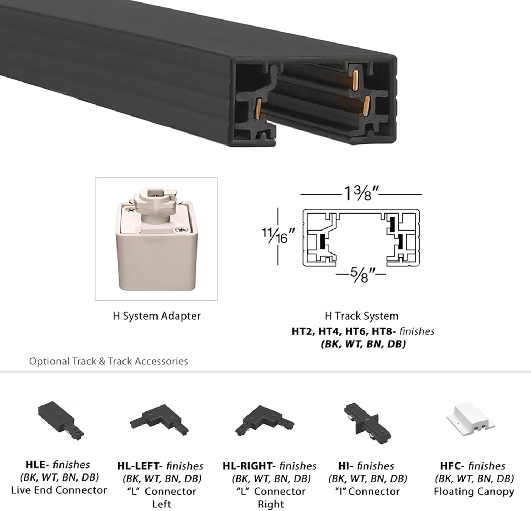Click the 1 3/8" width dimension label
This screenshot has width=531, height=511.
click(361, 194)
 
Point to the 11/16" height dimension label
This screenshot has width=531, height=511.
click(278, 235)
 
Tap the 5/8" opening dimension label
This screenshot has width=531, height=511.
click(361, 274)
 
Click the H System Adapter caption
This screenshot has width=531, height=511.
click(156, 316)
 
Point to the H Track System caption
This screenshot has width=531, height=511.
click(361, 316)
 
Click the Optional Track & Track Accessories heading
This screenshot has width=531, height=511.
click(108, 361)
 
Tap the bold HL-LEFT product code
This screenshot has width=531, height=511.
click(139, 466)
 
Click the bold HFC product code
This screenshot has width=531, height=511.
click(452, 466)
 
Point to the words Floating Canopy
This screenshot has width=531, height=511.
click(474, 492)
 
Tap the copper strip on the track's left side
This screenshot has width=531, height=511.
click(259, 108)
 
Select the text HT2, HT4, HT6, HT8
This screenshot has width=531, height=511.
click(342, 331)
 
